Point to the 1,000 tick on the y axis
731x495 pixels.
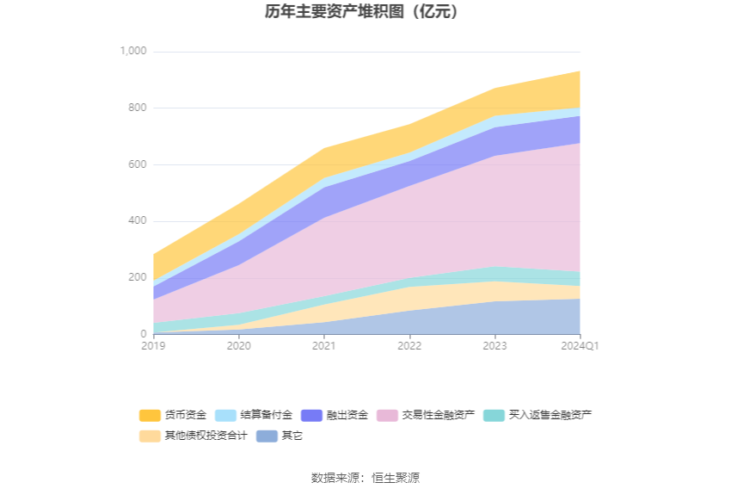pos(132,52)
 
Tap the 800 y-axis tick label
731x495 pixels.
pos(138,108)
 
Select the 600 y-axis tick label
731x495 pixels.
pos(138,164)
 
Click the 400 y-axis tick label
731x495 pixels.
pos(138,221)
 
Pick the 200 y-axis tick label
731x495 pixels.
pos(138,277)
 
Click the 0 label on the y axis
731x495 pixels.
pos(144,334)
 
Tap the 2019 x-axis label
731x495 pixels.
pos(153,346)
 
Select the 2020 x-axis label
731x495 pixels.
pos(238,346)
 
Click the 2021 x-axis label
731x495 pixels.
pos(323,346)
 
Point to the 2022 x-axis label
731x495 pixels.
pos(409,346)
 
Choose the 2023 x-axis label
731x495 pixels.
pos(494,346)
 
